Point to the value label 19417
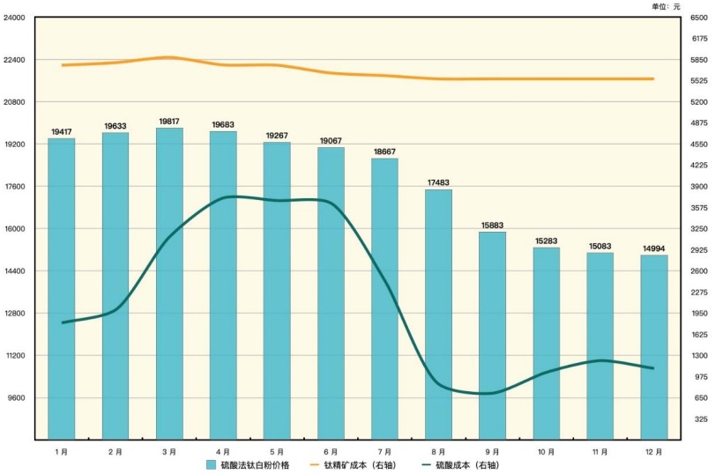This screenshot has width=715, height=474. [x=62, y=131]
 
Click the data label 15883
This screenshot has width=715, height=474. [x=492, y=225]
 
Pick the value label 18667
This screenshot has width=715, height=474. [x=384, y=152]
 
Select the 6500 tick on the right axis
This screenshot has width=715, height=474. [x=700, y=18]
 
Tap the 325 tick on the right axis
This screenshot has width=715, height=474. [x=700, y=419]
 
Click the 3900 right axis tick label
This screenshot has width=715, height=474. [x=700, y=187]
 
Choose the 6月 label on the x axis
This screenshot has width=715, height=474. [x=330, y=451]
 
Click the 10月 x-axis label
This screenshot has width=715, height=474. [x=546, y=451]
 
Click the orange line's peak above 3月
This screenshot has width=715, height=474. [x=169, y=57]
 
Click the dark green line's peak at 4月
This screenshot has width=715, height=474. [x=227, y=196]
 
